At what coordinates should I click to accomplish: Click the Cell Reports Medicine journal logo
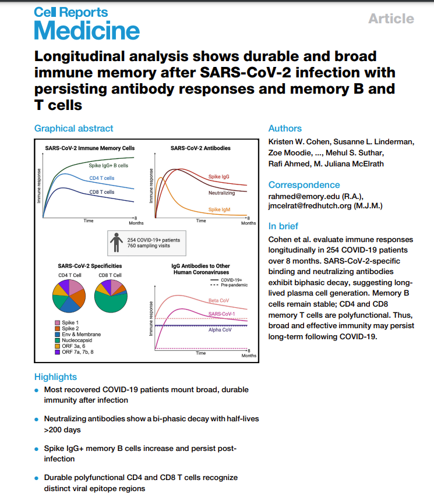point(87,23)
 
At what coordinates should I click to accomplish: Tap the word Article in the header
point(391,19)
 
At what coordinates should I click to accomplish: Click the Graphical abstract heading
point(73,128)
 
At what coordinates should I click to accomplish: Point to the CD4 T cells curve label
point(101,177)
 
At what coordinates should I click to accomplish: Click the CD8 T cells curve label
point(101,191)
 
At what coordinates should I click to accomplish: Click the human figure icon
point(117,242)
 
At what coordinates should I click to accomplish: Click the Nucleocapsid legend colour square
point(57,341)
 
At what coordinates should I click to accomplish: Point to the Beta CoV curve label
point(218,301)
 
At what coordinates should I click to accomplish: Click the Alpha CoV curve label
point(219,329)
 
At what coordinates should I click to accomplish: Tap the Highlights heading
point(55,376)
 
